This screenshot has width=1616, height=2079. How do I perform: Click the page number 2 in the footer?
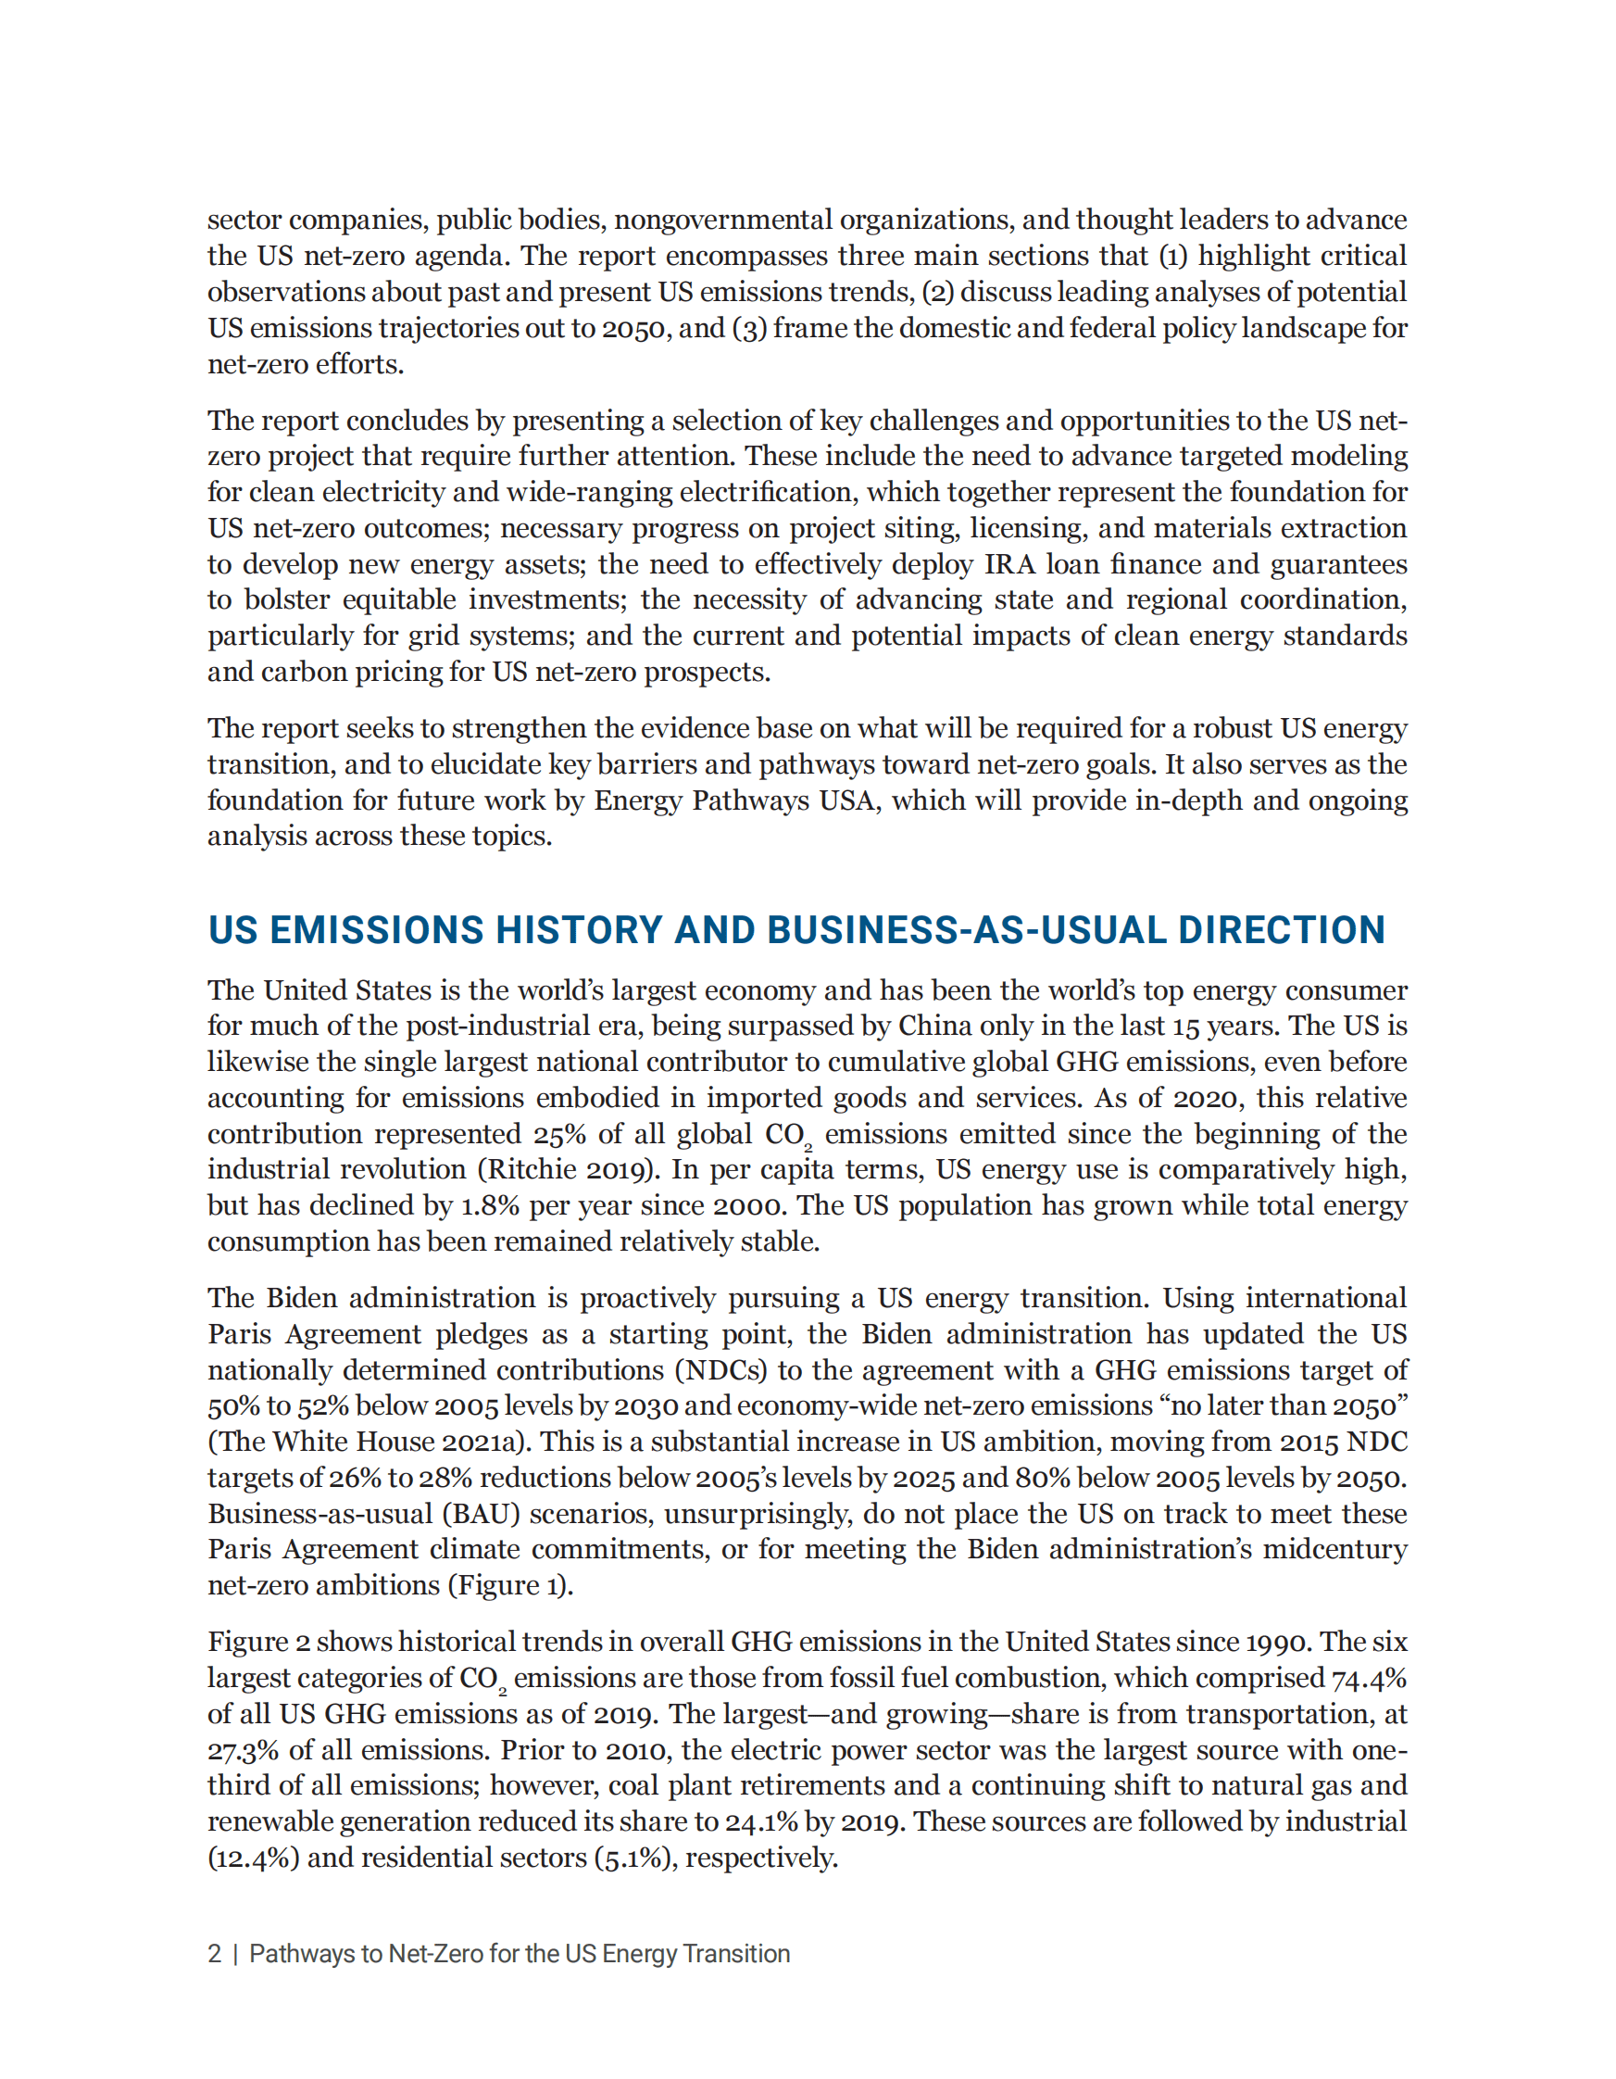click(x=215, y=1954)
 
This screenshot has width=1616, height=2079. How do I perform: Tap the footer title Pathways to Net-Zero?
click(x=519, y=1954)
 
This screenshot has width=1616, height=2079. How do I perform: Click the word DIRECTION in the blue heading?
click(x=1281, y=930)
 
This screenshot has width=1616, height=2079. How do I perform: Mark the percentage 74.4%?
click(x=1369, y=1678)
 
